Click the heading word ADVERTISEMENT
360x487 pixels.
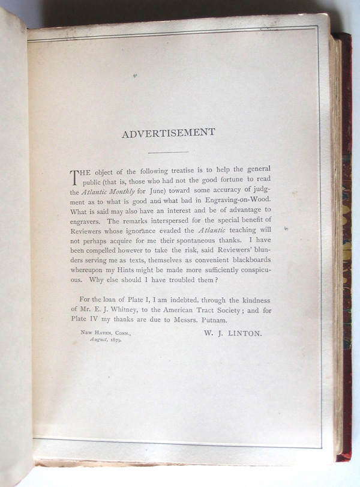[169, 133]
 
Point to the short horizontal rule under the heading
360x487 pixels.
[169, 152]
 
